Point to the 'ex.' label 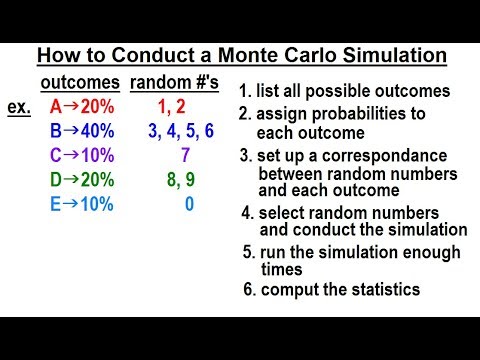18,107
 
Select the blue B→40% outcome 78,130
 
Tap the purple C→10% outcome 78,155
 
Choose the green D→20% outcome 78,180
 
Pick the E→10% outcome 78,205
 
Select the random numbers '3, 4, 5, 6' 180,130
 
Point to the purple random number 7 186,155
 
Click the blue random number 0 188,205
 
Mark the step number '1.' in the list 246,92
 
